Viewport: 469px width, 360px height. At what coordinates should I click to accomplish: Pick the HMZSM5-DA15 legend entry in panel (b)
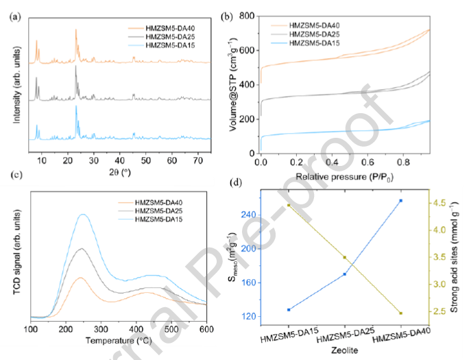[315, 43]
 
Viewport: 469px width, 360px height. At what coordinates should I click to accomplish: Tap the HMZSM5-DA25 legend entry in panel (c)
[163, 210]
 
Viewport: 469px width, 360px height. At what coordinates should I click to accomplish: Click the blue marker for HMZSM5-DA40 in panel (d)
[400, 200]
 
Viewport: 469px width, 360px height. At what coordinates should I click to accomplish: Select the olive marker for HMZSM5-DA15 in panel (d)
[289, 205]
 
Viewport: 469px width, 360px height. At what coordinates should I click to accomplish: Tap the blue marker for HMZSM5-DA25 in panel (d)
[345, 274]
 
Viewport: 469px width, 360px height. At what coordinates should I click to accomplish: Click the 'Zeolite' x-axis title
[344, 349]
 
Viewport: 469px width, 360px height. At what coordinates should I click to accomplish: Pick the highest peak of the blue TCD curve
[83, 215]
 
